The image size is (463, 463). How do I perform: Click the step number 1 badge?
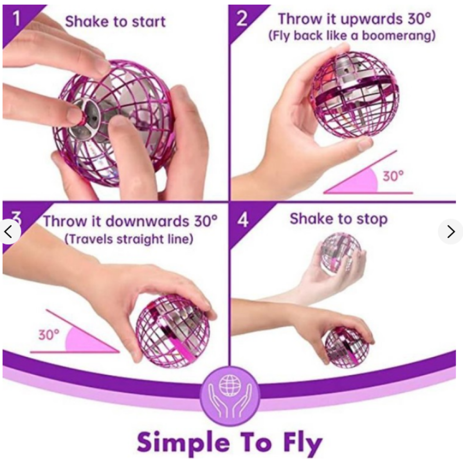[x=16, y=19]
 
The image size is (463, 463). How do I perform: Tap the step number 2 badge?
[x=242, y=19]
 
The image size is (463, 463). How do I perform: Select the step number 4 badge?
[x=243, y=220]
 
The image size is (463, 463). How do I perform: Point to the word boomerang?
[x=398, y=36]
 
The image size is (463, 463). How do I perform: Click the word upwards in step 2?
[x=372, y=19]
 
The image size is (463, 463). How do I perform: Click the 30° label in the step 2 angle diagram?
[x=393, y=176]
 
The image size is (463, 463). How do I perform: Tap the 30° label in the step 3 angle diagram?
[x=49, y=335]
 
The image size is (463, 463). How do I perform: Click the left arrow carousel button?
[x=8, y=231]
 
